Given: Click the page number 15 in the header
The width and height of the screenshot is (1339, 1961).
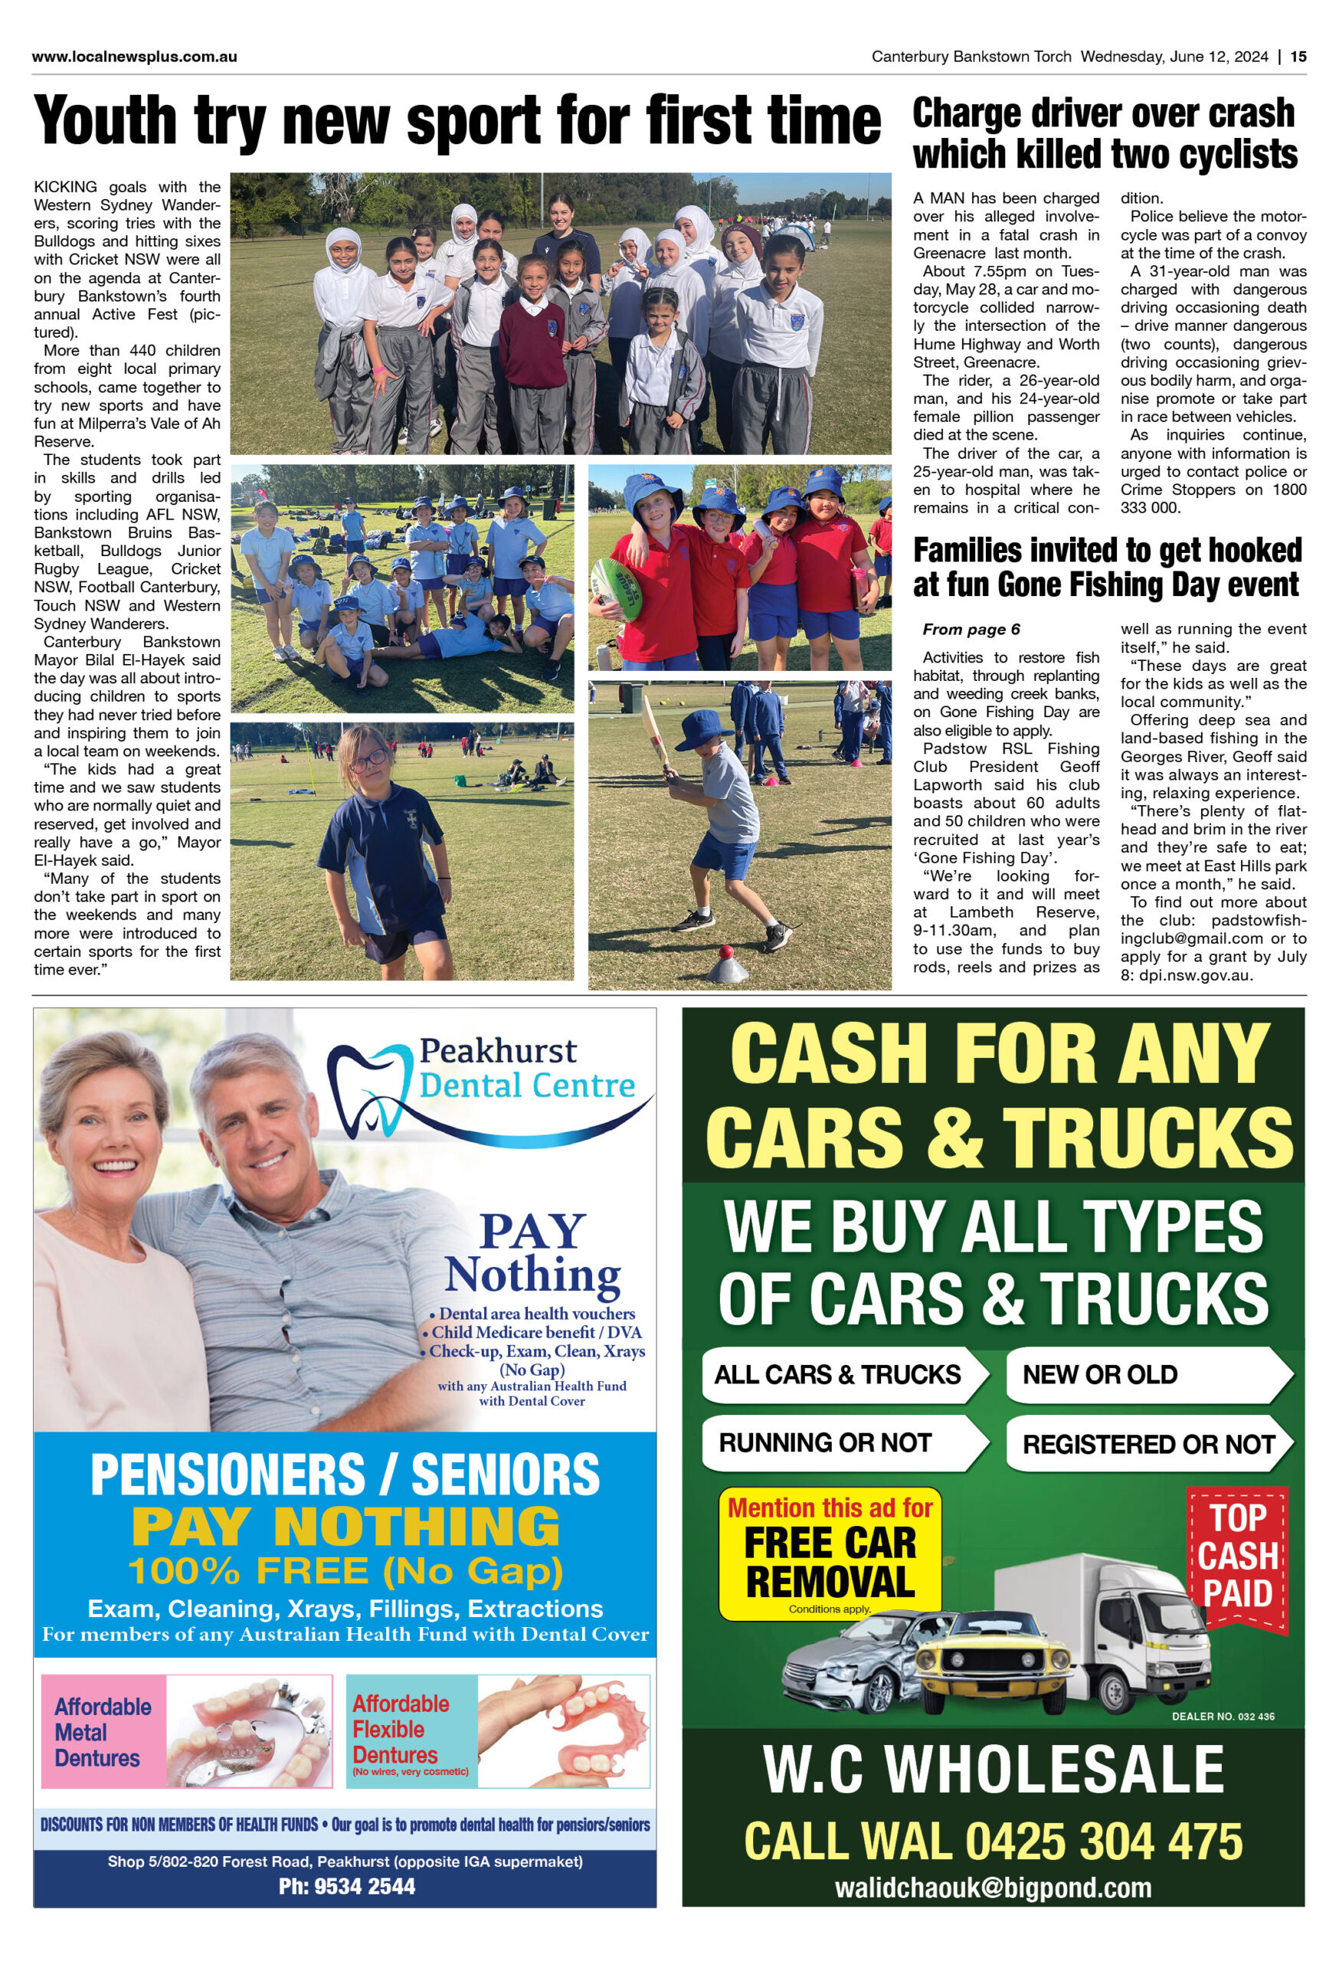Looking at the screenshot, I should click(1298, 57).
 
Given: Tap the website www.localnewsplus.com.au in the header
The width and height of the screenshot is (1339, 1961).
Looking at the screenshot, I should click(134, 57).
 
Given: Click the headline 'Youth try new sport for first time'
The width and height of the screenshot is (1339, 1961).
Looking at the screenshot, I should click(457, 122).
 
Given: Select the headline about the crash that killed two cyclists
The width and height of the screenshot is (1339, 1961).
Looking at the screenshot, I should click(1105, 134).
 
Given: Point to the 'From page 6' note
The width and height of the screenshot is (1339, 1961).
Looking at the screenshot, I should click(971, 629).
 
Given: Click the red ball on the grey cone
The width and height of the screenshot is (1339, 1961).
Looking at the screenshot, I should click(724, 952).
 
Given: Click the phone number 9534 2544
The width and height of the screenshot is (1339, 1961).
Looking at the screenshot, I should click(347, 1886).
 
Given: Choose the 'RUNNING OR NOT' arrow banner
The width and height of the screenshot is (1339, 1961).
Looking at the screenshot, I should click(840, 1442).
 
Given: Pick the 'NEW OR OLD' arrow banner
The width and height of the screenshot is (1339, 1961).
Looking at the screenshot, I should click(1143, 1374).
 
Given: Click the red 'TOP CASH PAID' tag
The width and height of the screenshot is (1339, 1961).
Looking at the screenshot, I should click(1238, 1555).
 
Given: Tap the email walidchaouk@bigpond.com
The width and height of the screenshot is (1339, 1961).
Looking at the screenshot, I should click(993, 1887).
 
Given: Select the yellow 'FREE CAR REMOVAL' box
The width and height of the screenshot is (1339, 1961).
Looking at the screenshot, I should click(830, 1554).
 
